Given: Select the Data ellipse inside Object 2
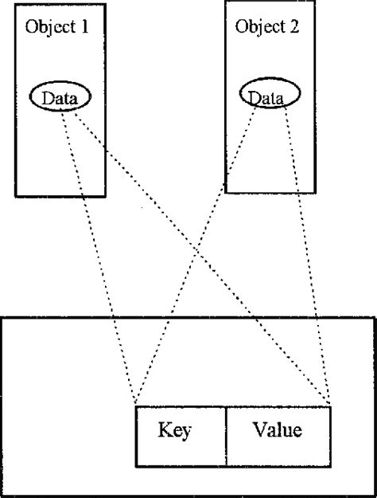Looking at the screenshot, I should click(x=270, y=96).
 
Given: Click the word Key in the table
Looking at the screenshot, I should click(x=175, y=431).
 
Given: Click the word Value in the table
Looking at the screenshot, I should click(x=277, y=431).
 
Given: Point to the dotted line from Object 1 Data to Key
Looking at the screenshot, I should click(x=99, y=259).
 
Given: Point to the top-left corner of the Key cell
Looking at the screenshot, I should click(x=136, y=406).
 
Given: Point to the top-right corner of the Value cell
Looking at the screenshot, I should click(x=329, y=406).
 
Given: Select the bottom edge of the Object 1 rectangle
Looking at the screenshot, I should click(x=60, y=196).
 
